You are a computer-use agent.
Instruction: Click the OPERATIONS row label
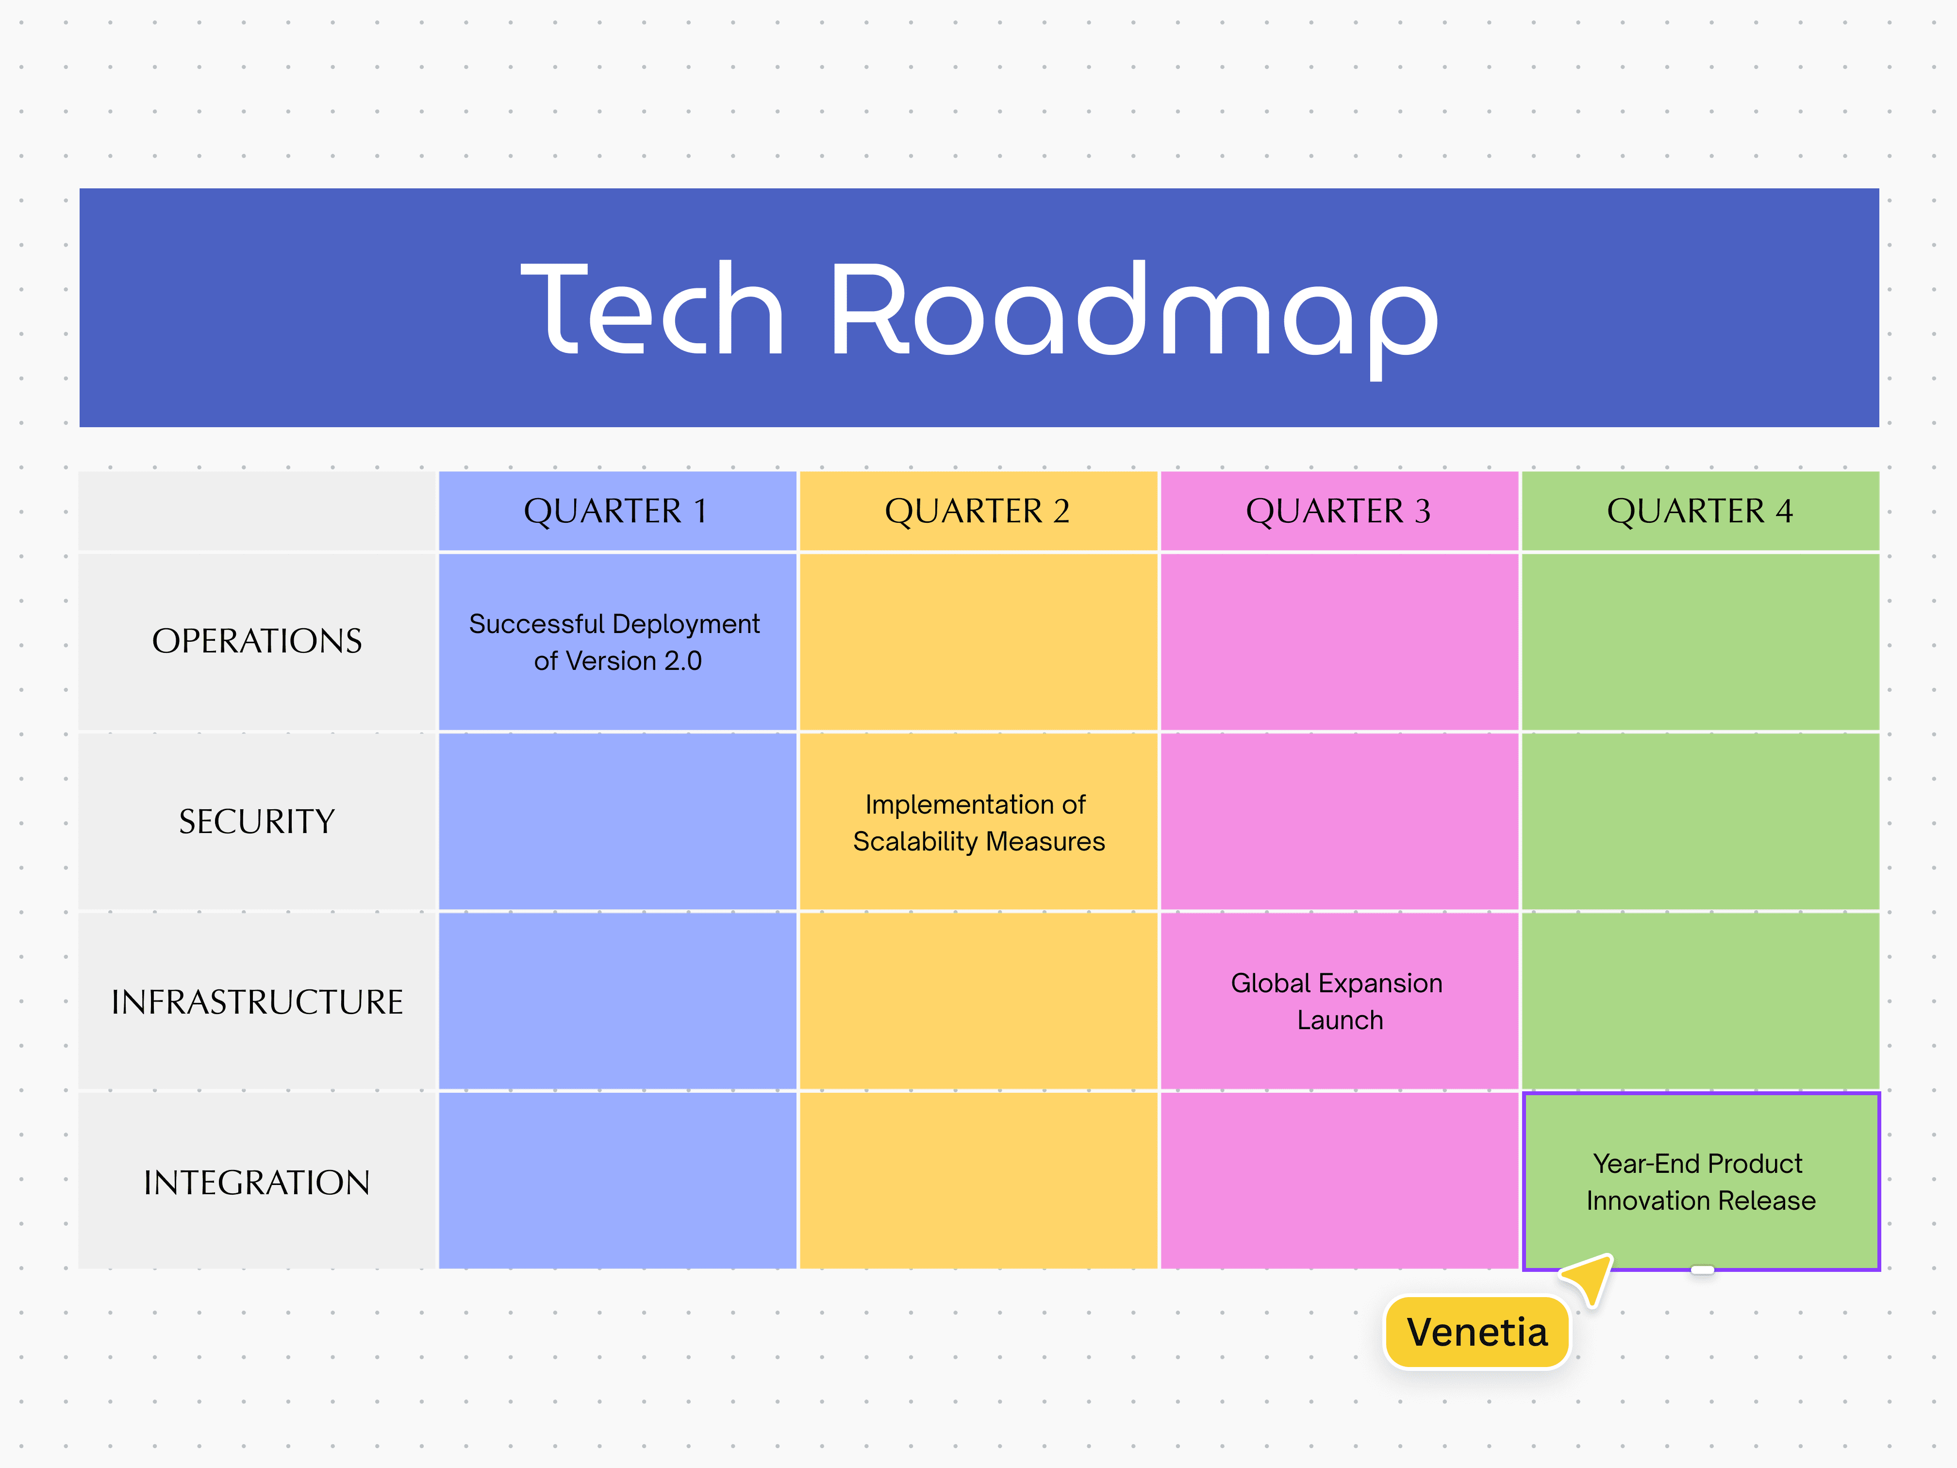point(257,641)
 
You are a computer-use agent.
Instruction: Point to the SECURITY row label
point(257,821)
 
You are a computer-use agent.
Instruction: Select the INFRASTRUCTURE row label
point(257,1001)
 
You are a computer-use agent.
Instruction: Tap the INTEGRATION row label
point(257,1182)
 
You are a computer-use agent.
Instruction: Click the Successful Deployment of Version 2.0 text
point(616,642)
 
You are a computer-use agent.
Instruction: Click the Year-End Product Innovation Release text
point(1700,1182)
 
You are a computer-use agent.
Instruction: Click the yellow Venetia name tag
point(1476,1332)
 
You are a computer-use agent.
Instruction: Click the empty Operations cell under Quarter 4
point(1700,642)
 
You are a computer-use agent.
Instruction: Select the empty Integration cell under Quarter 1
point(616,1181)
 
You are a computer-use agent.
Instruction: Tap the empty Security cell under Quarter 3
point(1339,821)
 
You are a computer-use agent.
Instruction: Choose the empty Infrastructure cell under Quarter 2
point(978,1001)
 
